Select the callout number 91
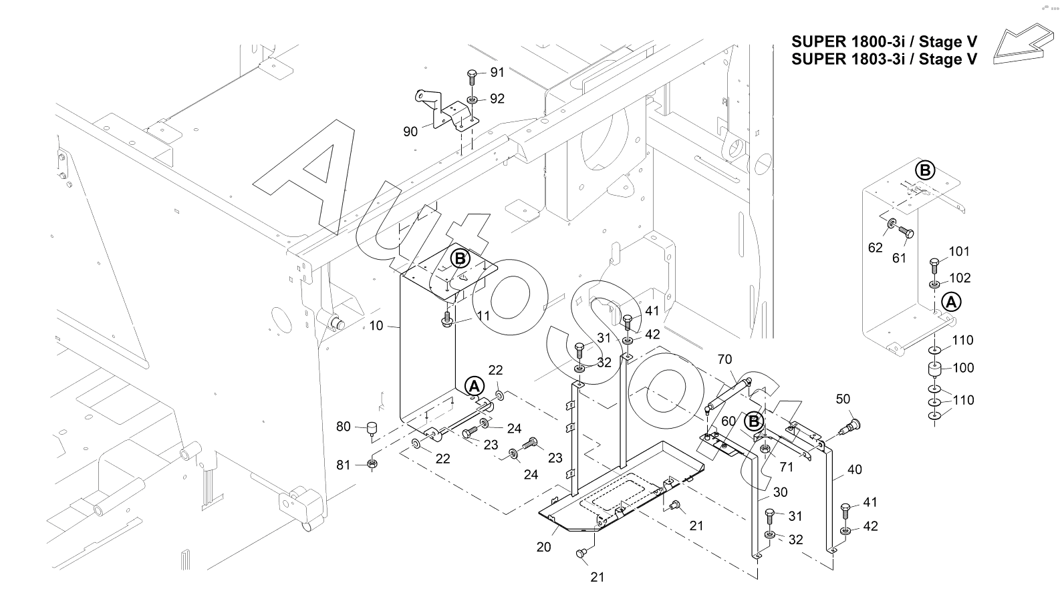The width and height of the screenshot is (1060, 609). pos(497,72)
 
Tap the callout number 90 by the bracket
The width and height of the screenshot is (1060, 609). pos(410,132)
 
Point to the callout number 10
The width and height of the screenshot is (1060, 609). pos(376,326)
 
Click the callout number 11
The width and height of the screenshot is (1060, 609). pos(483,315)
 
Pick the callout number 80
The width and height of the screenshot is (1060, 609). pos(344,426)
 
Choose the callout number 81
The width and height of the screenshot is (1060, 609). pos(344,465)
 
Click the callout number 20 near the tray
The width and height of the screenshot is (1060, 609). pos(544,547)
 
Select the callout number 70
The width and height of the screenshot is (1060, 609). pos(725,359)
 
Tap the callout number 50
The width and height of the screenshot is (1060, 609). pos(843,399)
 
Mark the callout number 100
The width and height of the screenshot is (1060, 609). pos(964,368)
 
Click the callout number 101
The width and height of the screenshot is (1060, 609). pos(960,252)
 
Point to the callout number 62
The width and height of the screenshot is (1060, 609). pos(876,248)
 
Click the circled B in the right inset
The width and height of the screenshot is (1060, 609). pos(925,171)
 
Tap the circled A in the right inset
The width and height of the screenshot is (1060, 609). pos(952,302)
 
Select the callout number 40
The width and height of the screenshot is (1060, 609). pos(855,469)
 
